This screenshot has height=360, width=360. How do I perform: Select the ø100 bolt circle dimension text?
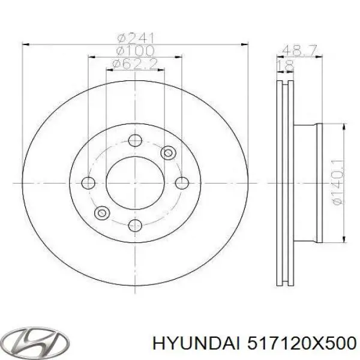tap(135, 50)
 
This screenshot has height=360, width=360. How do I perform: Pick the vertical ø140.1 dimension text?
tap(338, 182)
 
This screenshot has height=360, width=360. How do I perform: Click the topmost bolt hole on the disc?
tap(135, 140)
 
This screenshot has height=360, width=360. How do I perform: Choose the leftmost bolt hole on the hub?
tap(89, 182)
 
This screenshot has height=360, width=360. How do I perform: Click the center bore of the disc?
tap(135, 182)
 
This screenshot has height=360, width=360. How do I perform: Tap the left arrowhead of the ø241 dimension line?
tap(26, 43)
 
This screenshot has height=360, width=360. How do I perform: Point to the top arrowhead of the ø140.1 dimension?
tap(344, 127)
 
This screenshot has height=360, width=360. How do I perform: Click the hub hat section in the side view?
tap(306, 182)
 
